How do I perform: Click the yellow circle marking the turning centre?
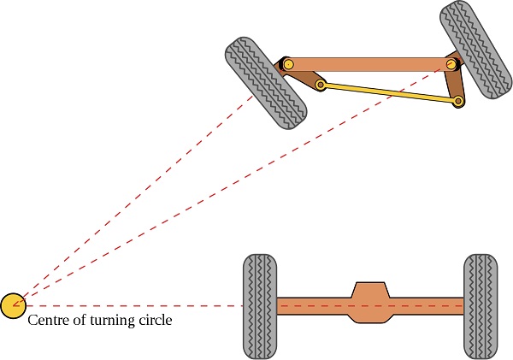[13, 305]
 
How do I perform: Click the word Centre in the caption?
[48, 322]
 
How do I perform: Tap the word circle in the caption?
[154, 322]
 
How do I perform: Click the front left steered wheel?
[266, 83]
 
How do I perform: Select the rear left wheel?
[259, 305]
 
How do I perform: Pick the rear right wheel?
[480, 305]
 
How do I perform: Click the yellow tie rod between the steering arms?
[389, 92]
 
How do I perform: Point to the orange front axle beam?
[368, 64]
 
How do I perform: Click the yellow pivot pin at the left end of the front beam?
[288, 64]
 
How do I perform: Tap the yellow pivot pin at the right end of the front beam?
[451, 64]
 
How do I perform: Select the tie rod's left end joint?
[321, 85]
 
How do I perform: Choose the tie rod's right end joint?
[458, 102]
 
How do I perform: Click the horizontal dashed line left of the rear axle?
[128, 305]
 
